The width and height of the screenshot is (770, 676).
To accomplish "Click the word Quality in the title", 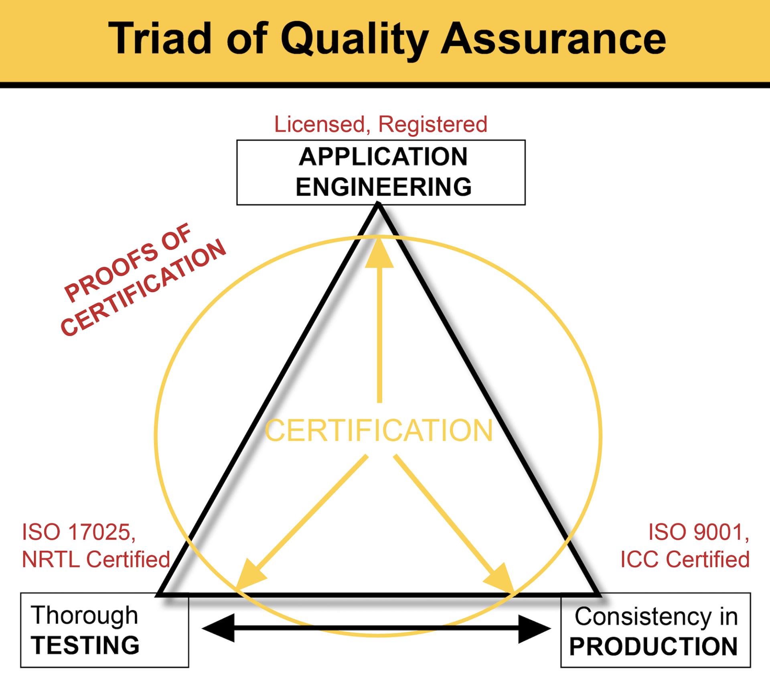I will (355, 39).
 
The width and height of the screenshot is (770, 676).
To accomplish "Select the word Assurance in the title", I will (553, 39).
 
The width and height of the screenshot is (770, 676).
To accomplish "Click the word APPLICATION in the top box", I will (383, 157).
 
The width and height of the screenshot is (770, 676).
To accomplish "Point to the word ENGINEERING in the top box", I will (383, 187).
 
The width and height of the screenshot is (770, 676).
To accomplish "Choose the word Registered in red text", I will (433, 124).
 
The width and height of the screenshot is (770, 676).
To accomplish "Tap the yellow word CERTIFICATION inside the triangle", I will (379, 431).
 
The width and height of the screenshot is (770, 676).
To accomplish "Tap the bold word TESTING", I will (85, 645).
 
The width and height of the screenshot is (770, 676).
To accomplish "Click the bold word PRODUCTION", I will (654, 646).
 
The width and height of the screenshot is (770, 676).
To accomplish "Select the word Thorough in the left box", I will (85, 615).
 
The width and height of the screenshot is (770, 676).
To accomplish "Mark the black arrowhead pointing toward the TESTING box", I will (219, 628).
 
